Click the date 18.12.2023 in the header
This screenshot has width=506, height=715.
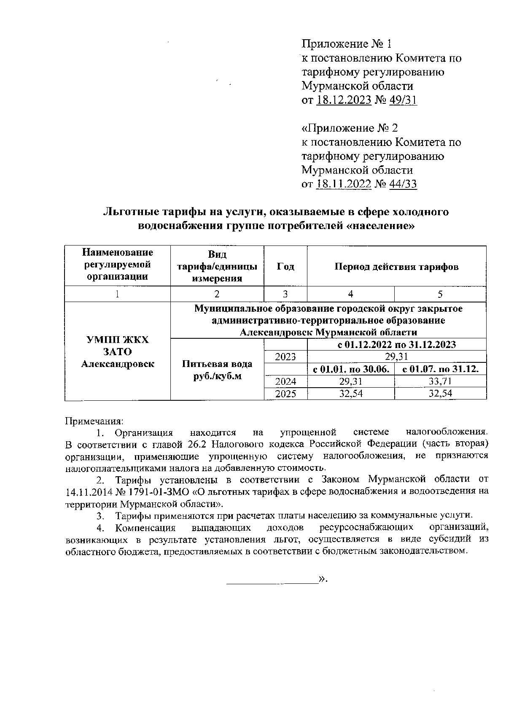[344, 100]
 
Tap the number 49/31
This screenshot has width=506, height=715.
[403, 100]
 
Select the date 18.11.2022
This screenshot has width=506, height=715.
[343, 184]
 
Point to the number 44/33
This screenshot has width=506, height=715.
[403, 184]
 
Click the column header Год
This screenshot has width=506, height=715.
[285, 267]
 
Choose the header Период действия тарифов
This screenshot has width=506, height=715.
[396, 267]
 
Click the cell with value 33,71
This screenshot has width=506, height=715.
[440, 382]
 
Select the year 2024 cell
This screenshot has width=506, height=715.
[285, 382]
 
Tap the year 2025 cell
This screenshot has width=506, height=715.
[285, 394]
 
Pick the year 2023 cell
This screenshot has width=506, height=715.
[285, 357]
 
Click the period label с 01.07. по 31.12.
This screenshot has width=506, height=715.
[440, 370]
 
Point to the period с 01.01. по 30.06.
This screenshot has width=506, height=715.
[351, 370]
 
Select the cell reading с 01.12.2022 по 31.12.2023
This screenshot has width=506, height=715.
[396, 345]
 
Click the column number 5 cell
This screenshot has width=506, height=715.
[440, 294]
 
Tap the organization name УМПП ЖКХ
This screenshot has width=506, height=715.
[117, 340]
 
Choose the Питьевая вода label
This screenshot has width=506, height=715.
[217, 364]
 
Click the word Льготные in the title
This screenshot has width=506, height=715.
[128, 212]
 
